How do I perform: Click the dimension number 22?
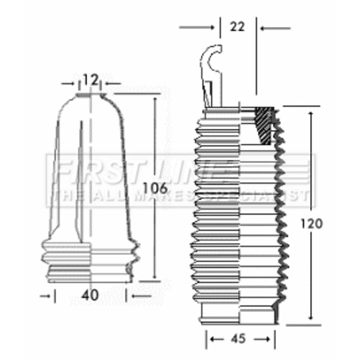point(237,27)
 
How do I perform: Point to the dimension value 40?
point(90,296)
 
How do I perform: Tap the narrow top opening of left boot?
point(91,95)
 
